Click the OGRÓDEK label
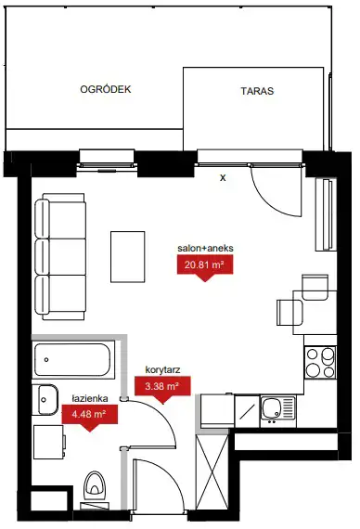click(x=106, y=89)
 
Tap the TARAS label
click(x=257, y=91)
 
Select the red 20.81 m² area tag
click(x=205, y=267)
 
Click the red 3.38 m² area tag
click(x=162, y=388)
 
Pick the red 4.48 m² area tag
click(x=89, y=417)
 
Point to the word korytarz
click(x=162, y=369)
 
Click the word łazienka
click(x=90, y=398)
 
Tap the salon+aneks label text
click(x=205, y=248)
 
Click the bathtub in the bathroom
click(x=72, y=360)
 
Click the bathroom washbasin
click(x=45, y=400)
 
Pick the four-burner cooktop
click(x=320, y=362)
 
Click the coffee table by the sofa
click(x=128, y=257)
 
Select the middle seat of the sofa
click(x=60, y=257)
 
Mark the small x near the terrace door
click(x=223, y=178)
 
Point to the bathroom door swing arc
click(x=160, y=414)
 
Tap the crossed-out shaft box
click(x=212, y=472)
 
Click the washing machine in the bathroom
click(x=49, y=442)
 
